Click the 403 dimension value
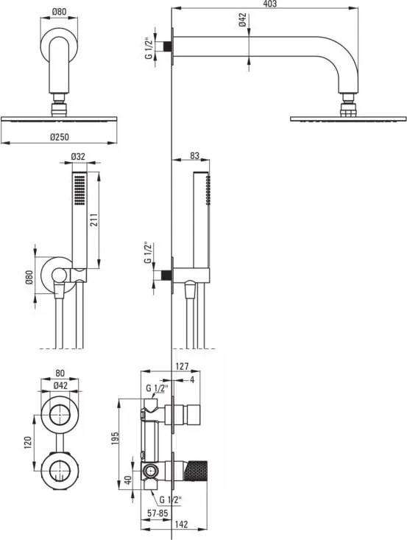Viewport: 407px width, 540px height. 270,4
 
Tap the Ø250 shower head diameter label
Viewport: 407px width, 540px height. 59,137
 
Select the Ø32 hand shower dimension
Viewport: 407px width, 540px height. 78,156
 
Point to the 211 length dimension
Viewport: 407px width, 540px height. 94,220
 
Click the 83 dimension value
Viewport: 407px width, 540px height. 194,155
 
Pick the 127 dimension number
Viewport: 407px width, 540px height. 182,366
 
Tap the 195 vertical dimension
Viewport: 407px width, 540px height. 115,439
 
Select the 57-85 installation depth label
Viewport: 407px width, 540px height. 158,513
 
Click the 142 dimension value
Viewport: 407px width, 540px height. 181,525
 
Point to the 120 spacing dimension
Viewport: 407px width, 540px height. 28,442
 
